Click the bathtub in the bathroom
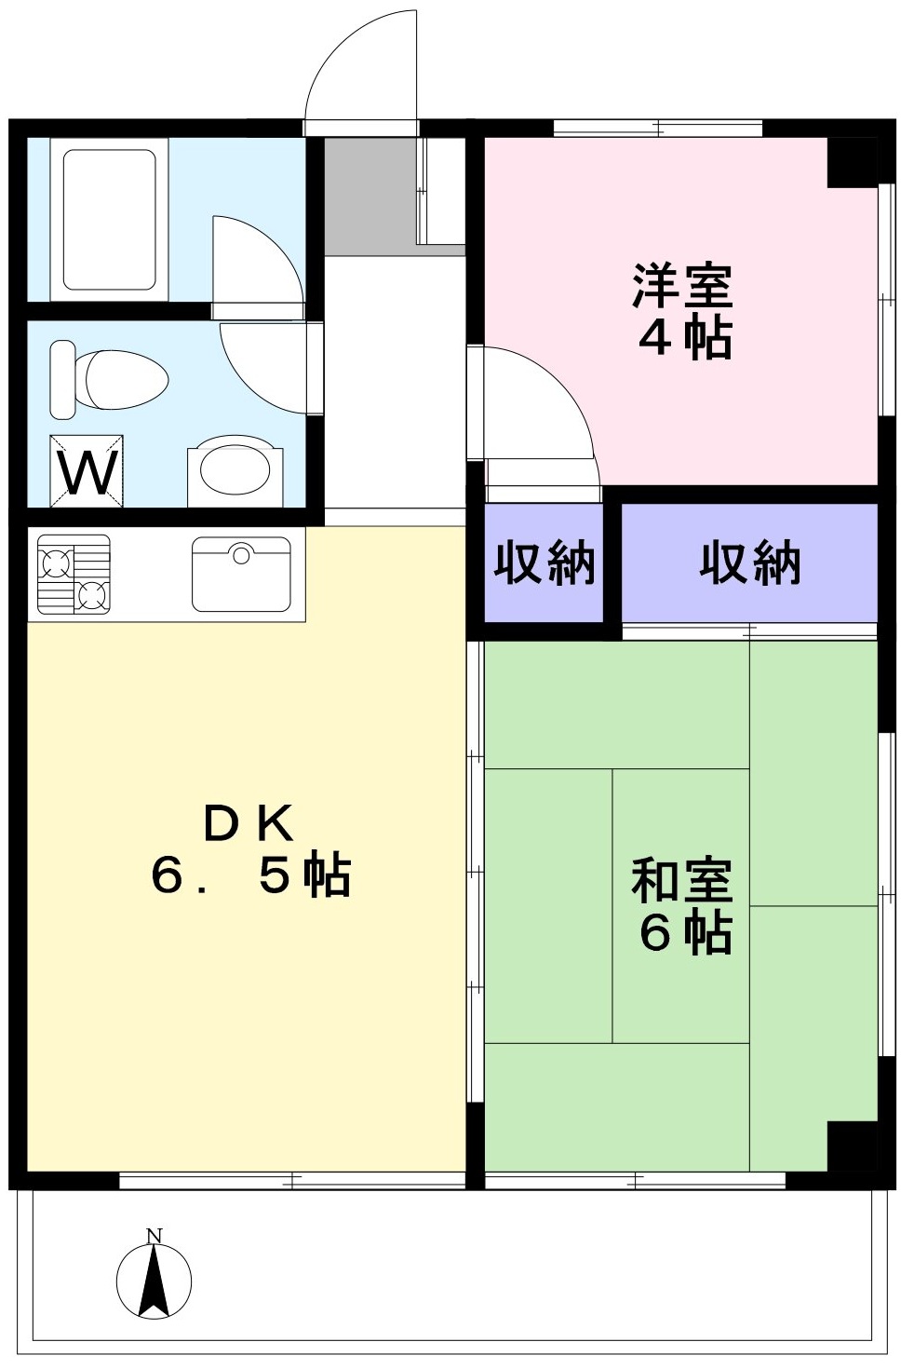(x=109, y=220)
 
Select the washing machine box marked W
(x=87, y=471)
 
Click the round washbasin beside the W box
(x=235, y=471)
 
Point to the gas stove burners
(x=74, y=574)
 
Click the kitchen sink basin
(x=241, y=574)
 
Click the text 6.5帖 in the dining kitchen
(x=251, y=874)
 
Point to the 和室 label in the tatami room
(x=682, y=881)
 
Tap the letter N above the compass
(x=154, y=1235)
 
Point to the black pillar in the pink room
(x=853, y=163)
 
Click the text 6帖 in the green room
(x=685, y=933)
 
